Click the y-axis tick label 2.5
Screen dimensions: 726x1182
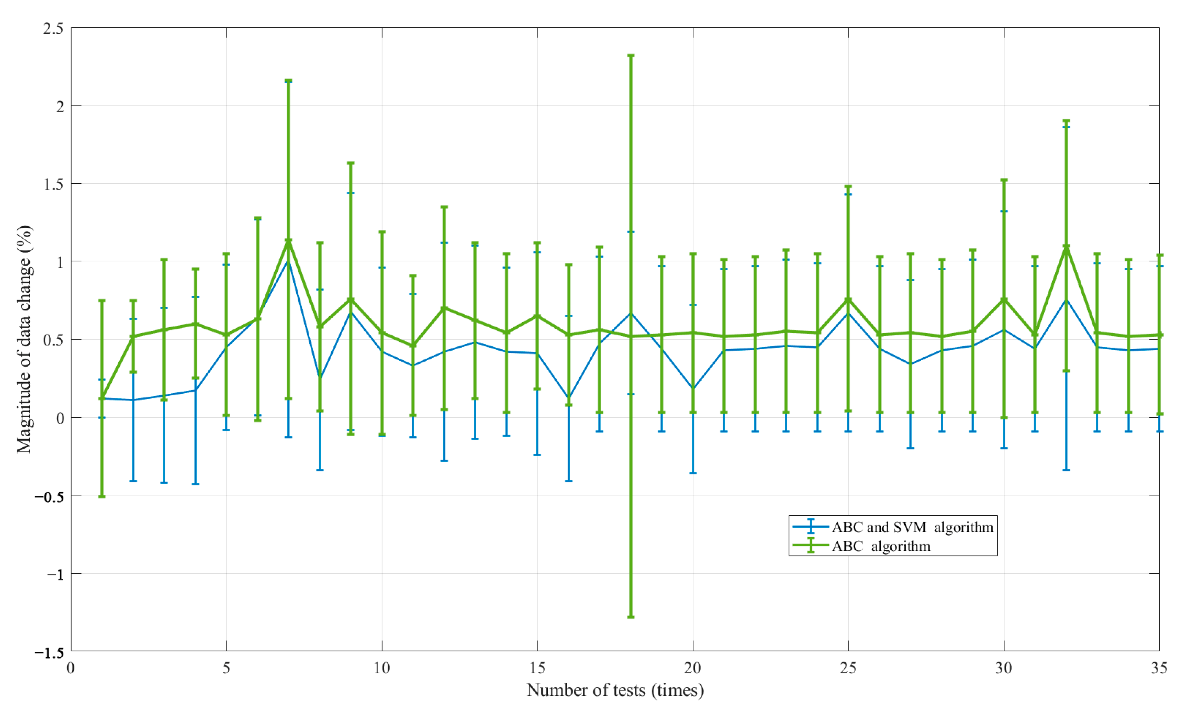(53, 28)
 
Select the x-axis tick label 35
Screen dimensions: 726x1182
(1159, 668)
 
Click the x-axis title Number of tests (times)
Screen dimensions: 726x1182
(615, 690)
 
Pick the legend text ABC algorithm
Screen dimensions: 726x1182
(881, 546)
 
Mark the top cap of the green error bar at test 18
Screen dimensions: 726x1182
(631, 56)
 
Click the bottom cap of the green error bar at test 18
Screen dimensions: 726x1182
(631, 617)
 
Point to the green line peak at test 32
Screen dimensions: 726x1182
(1066, 247)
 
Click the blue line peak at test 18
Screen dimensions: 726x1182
(631, 313)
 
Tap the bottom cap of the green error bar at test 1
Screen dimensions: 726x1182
(102, 496)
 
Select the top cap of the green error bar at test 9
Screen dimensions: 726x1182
(351, 163)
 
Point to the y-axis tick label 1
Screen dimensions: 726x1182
(60, 262)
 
